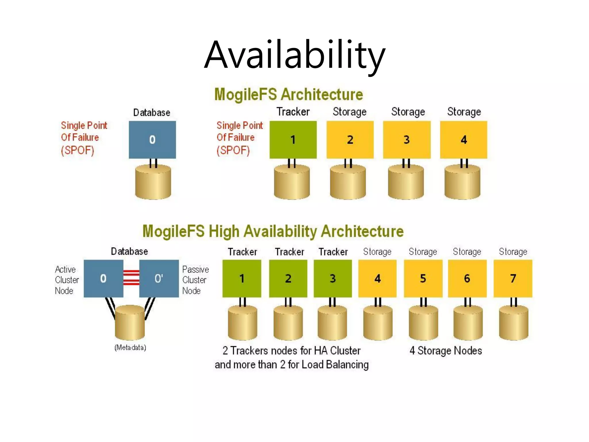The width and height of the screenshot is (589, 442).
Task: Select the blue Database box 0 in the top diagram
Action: pos(152,140)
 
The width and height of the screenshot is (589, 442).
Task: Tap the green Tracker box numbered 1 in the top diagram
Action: pos(293,140)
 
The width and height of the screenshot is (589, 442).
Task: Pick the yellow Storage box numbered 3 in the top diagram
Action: pos(407,140)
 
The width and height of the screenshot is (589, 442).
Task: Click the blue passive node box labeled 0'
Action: pos(159,278)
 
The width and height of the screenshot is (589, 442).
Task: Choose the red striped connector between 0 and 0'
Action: pos(131,278)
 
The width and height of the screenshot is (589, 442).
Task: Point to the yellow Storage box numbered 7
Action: pos(513,278)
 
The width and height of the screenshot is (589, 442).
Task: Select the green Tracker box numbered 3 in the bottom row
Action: pos(332,278)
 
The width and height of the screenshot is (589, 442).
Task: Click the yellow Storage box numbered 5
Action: pos(423,278)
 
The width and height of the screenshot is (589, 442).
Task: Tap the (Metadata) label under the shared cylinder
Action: pos(130,348)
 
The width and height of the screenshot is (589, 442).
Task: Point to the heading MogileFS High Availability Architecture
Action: pos(273,231)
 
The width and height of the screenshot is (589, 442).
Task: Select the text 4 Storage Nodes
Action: pos(445,351)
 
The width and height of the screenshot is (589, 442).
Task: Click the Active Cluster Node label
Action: pos(66,280)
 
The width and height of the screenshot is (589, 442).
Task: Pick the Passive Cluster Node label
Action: pos(195,280)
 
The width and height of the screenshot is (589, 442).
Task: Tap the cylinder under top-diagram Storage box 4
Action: pos(462,182)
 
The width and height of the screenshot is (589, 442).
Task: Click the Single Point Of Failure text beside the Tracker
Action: pos(239,138)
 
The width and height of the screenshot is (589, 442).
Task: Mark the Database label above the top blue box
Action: pos(152,113)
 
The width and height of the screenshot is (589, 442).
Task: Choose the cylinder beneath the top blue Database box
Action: pos(153,182)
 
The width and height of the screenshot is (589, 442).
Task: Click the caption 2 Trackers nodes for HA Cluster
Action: pos(291,351)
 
